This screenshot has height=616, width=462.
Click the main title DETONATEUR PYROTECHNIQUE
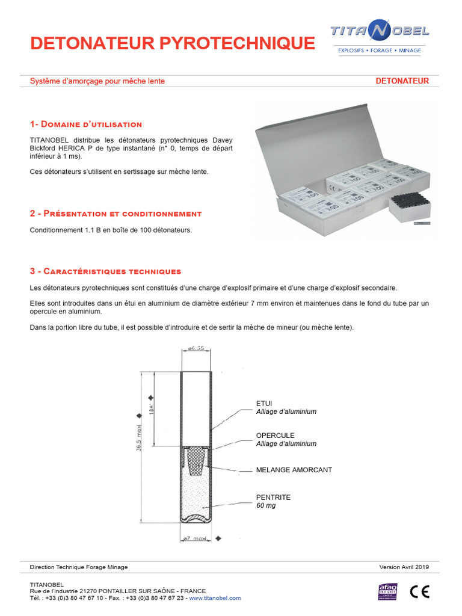(x=172, y=43)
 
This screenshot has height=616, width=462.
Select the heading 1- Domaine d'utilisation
(x=86, y=125)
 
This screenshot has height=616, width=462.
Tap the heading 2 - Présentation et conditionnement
(x=115, y=214)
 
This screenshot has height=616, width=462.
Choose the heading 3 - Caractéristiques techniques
(x=105, y=272)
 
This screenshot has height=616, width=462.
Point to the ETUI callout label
(x=264, y=403)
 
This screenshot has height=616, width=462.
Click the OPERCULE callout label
(x=275, y=435)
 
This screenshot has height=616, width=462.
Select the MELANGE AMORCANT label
(x=294, y=470)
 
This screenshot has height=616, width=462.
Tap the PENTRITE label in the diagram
(x=273, y=497)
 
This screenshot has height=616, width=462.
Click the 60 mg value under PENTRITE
(x=266, y=506)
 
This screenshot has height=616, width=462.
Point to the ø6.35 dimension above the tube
(x=196, y=348)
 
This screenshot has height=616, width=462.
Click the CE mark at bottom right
(x=419, y=592)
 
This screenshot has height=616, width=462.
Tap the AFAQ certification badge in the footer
(x=387, y=591)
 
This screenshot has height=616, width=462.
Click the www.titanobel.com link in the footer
(x=214, y=598)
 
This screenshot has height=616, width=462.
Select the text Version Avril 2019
(x=404, y=567)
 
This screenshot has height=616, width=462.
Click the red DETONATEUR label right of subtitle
(x=402, y=81)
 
